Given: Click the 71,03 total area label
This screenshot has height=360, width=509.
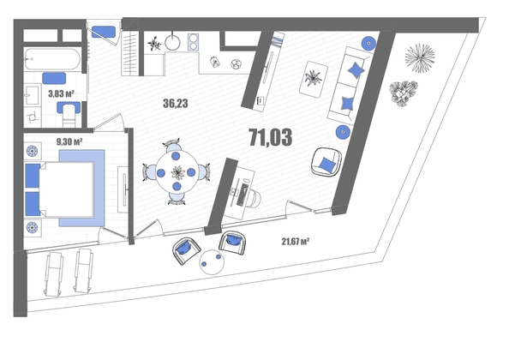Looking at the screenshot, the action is coord(271,137).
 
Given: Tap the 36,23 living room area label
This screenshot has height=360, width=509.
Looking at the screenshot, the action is coord(176,103).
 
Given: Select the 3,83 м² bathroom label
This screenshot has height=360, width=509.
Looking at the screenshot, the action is coord(62,93).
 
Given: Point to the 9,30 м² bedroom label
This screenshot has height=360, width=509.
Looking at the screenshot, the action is coord(69,141).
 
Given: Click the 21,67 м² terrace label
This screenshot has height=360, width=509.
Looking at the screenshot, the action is coord(295,241).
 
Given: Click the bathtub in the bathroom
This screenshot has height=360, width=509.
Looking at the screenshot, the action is coord(52,59).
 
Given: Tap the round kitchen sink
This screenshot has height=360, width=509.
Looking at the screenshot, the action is coord(172,42).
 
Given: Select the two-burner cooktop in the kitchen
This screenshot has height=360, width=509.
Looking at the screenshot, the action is coord(193,42).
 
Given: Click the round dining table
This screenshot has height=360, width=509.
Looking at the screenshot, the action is coord(177,172).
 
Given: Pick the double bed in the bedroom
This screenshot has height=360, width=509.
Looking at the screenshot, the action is coord(65,190).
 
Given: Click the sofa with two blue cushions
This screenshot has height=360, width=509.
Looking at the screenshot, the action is coord(350,85).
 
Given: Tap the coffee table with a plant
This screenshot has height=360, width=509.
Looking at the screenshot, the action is coord(314,79).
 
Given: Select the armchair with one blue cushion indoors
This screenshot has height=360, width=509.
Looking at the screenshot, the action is coord(326,162).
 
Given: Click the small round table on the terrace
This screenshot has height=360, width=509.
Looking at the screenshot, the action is coord(212,262).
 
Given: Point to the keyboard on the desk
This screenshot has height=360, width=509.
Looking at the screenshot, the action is coord(243,195).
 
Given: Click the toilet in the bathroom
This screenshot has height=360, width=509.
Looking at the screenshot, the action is coord(69,114).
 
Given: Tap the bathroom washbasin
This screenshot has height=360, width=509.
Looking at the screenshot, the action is coord(33,95).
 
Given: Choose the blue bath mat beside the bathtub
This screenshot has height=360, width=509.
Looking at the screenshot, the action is coord(54,78).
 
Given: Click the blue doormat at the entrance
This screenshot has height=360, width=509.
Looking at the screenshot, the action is coord(103,32).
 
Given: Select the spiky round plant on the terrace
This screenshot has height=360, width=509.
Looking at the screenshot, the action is coord(419,57).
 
